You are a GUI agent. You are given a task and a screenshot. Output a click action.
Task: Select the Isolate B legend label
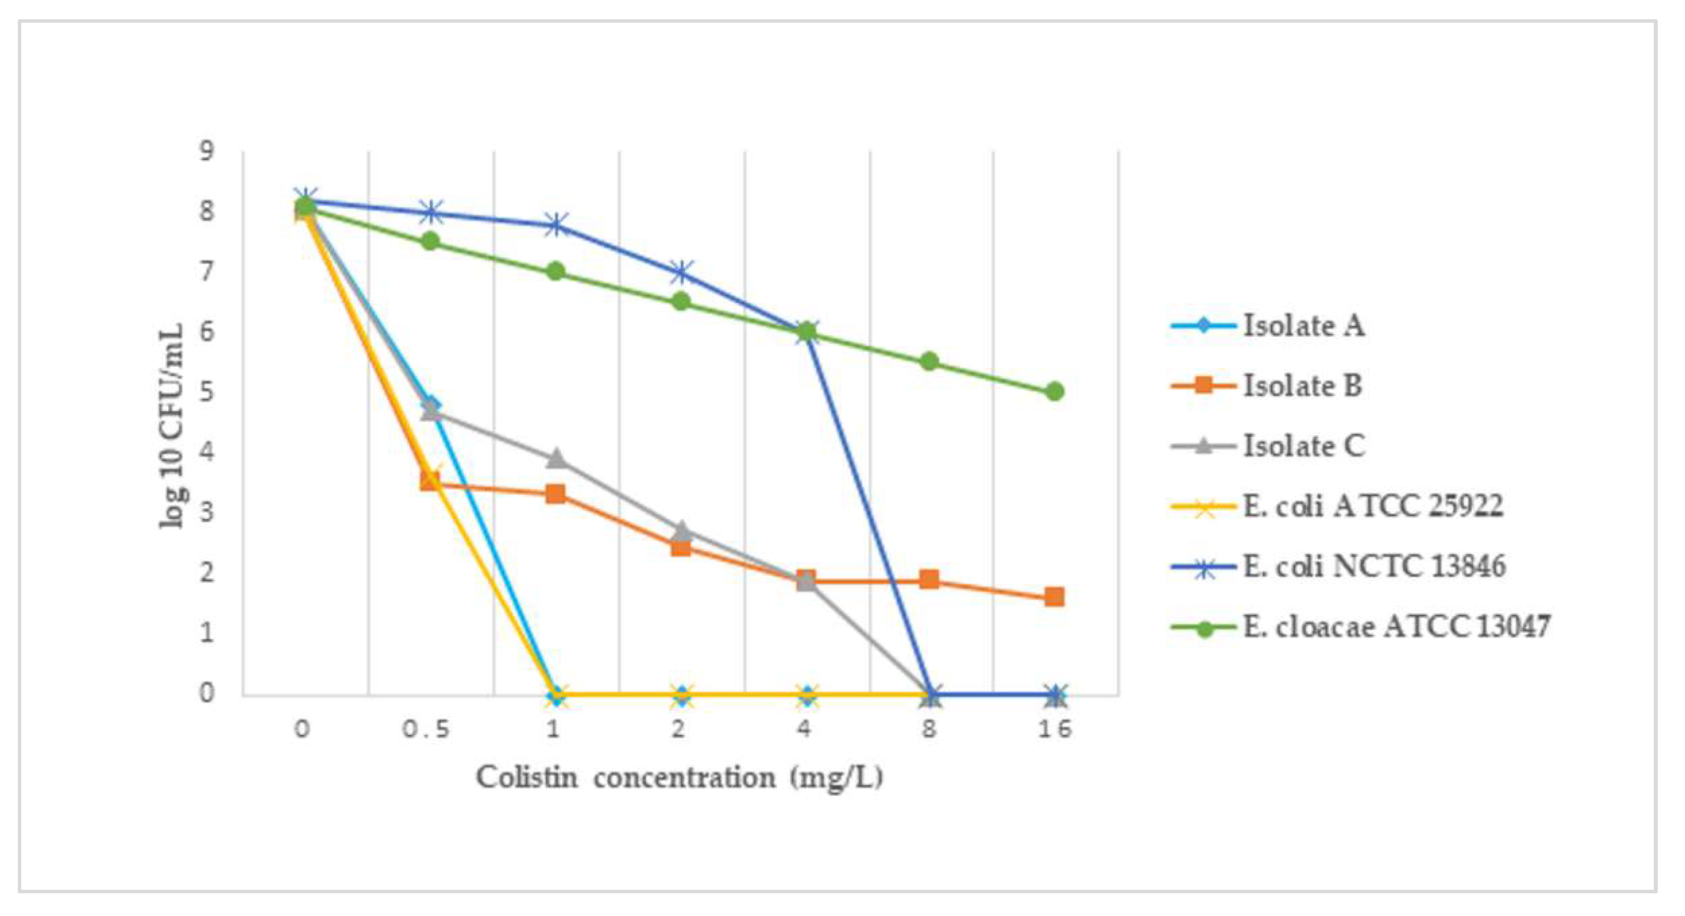tap(1301, 386)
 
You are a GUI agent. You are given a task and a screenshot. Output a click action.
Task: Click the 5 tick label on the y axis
tap(207, 392)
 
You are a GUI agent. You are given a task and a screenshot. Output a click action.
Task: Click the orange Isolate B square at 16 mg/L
tap(1054, 596)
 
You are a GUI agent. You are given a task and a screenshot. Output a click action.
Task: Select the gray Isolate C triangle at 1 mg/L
tap(555, 458)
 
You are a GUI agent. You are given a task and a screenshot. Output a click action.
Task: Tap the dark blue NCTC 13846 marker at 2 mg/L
tap(681, 272)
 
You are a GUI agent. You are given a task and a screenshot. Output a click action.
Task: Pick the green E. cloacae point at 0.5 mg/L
tap(430, 241)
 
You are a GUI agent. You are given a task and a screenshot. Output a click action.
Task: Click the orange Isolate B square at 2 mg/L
tap(680, 546)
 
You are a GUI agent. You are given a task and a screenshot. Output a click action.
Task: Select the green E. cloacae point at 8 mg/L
tap(929, 362)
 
